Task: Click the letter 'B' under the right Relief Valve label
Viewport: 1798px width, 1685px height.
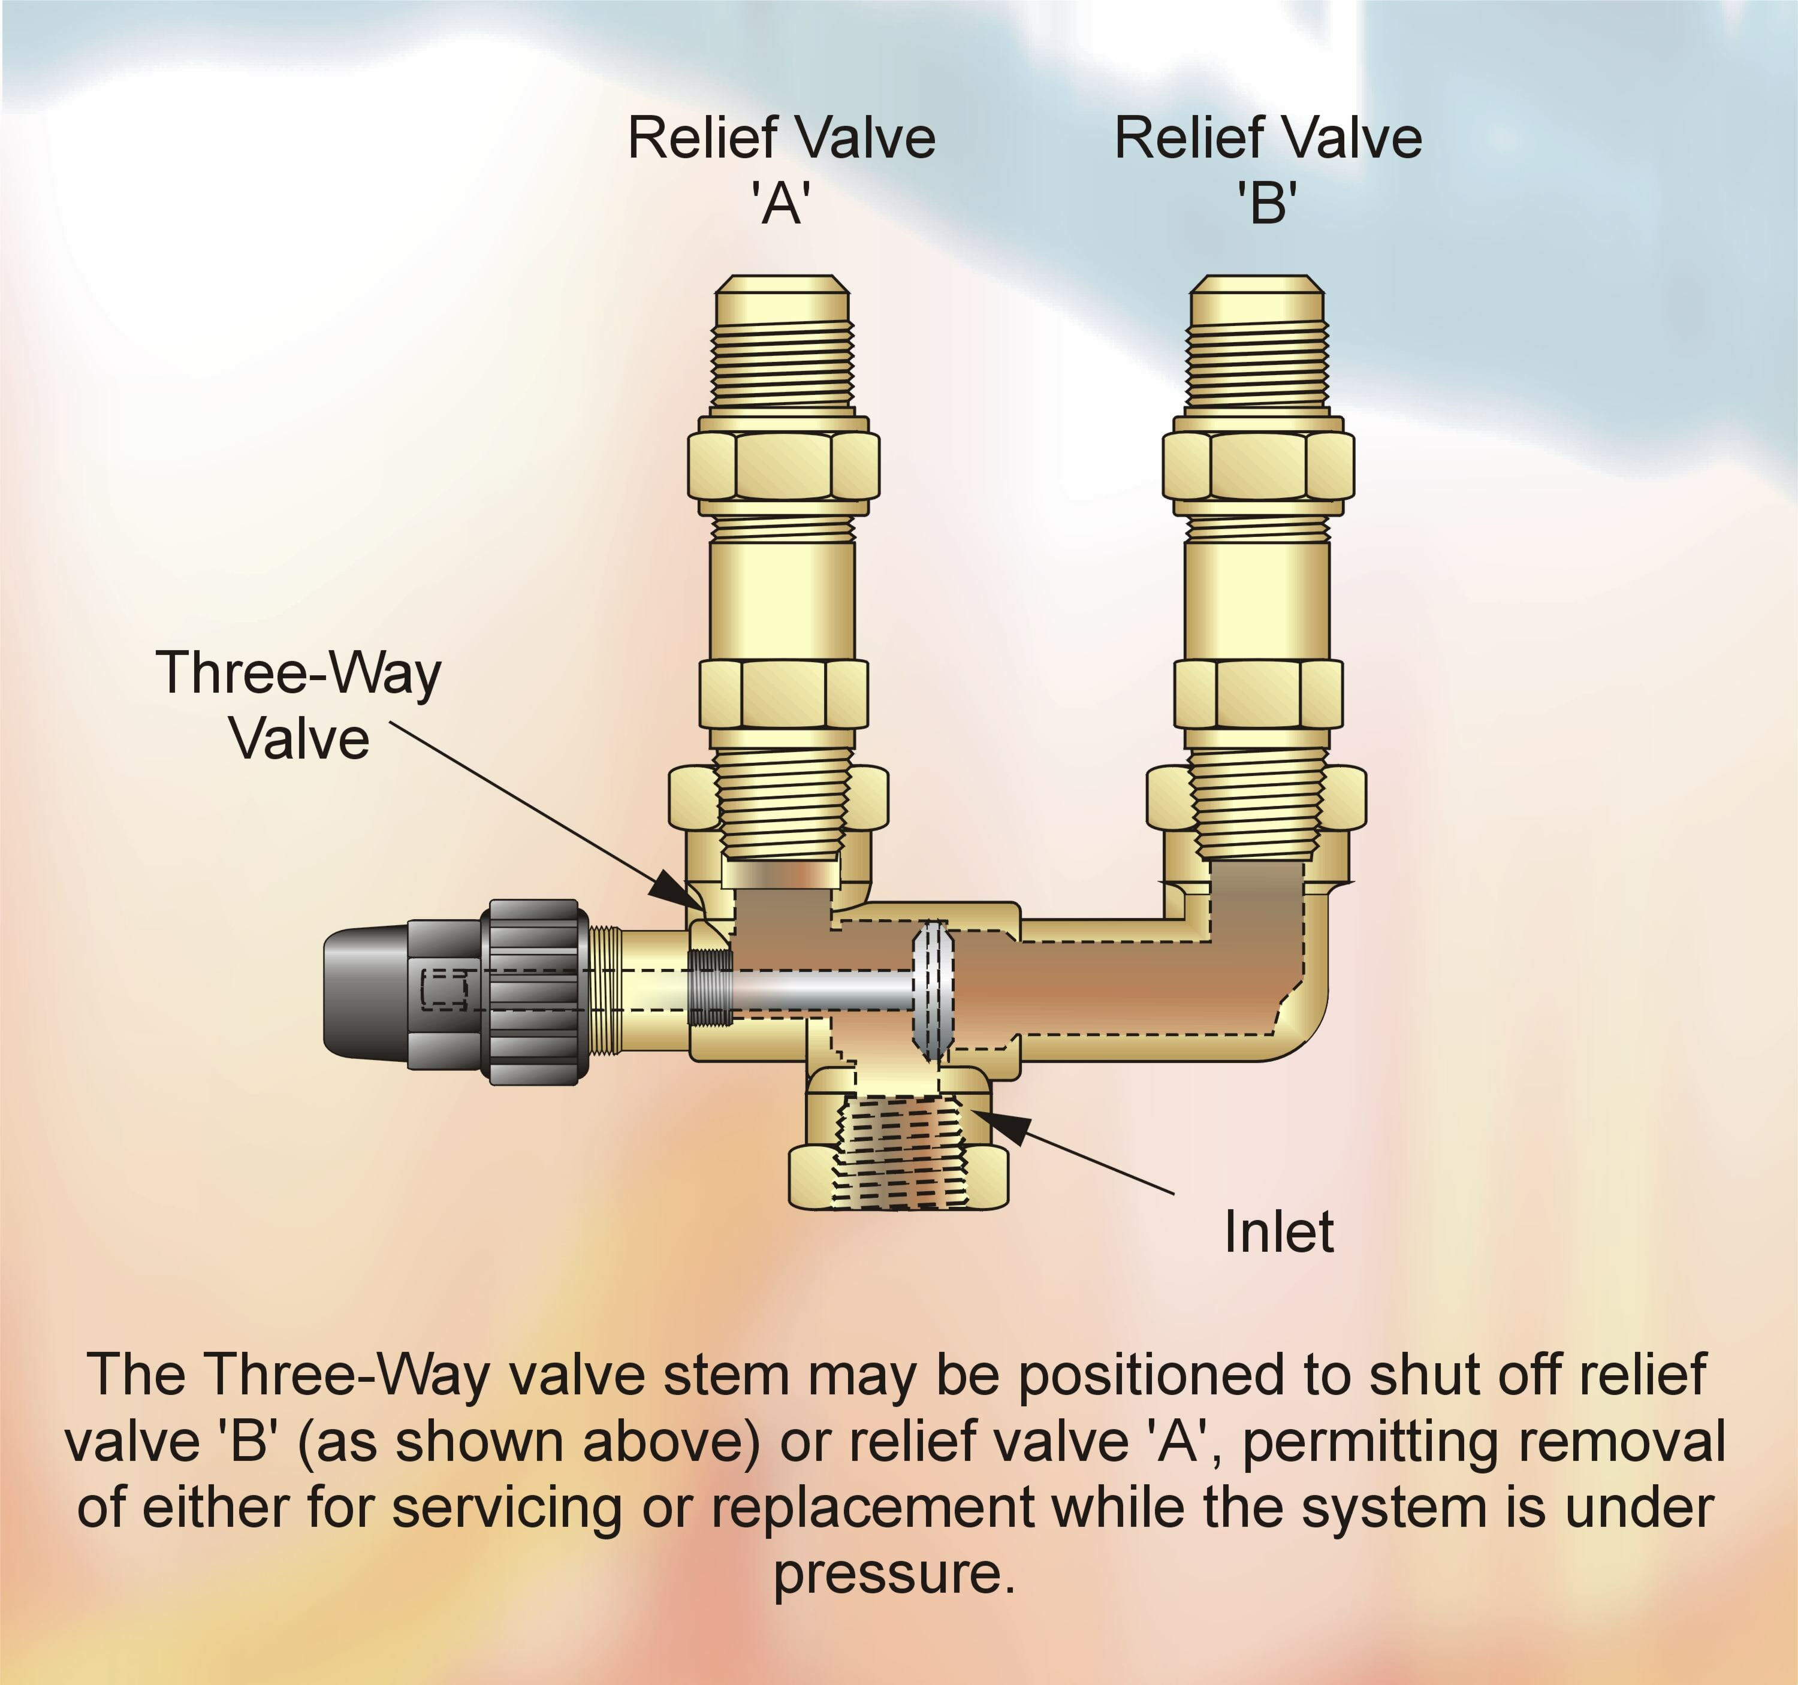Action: pos(1267,204)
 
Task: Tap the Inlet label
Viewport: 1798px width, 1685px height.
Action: pos(1278,1232)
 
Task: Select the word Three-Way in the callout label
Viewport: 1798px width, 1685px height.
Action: pos(298,674)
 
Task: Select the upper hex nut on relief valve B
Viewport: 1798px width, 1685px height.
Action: pos(1258,465)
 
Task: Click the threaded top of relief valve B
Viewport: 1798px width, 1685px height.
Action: pos(1258,353)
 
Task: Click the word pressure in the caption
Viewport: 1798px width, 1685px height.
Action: pos(894,1575)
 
